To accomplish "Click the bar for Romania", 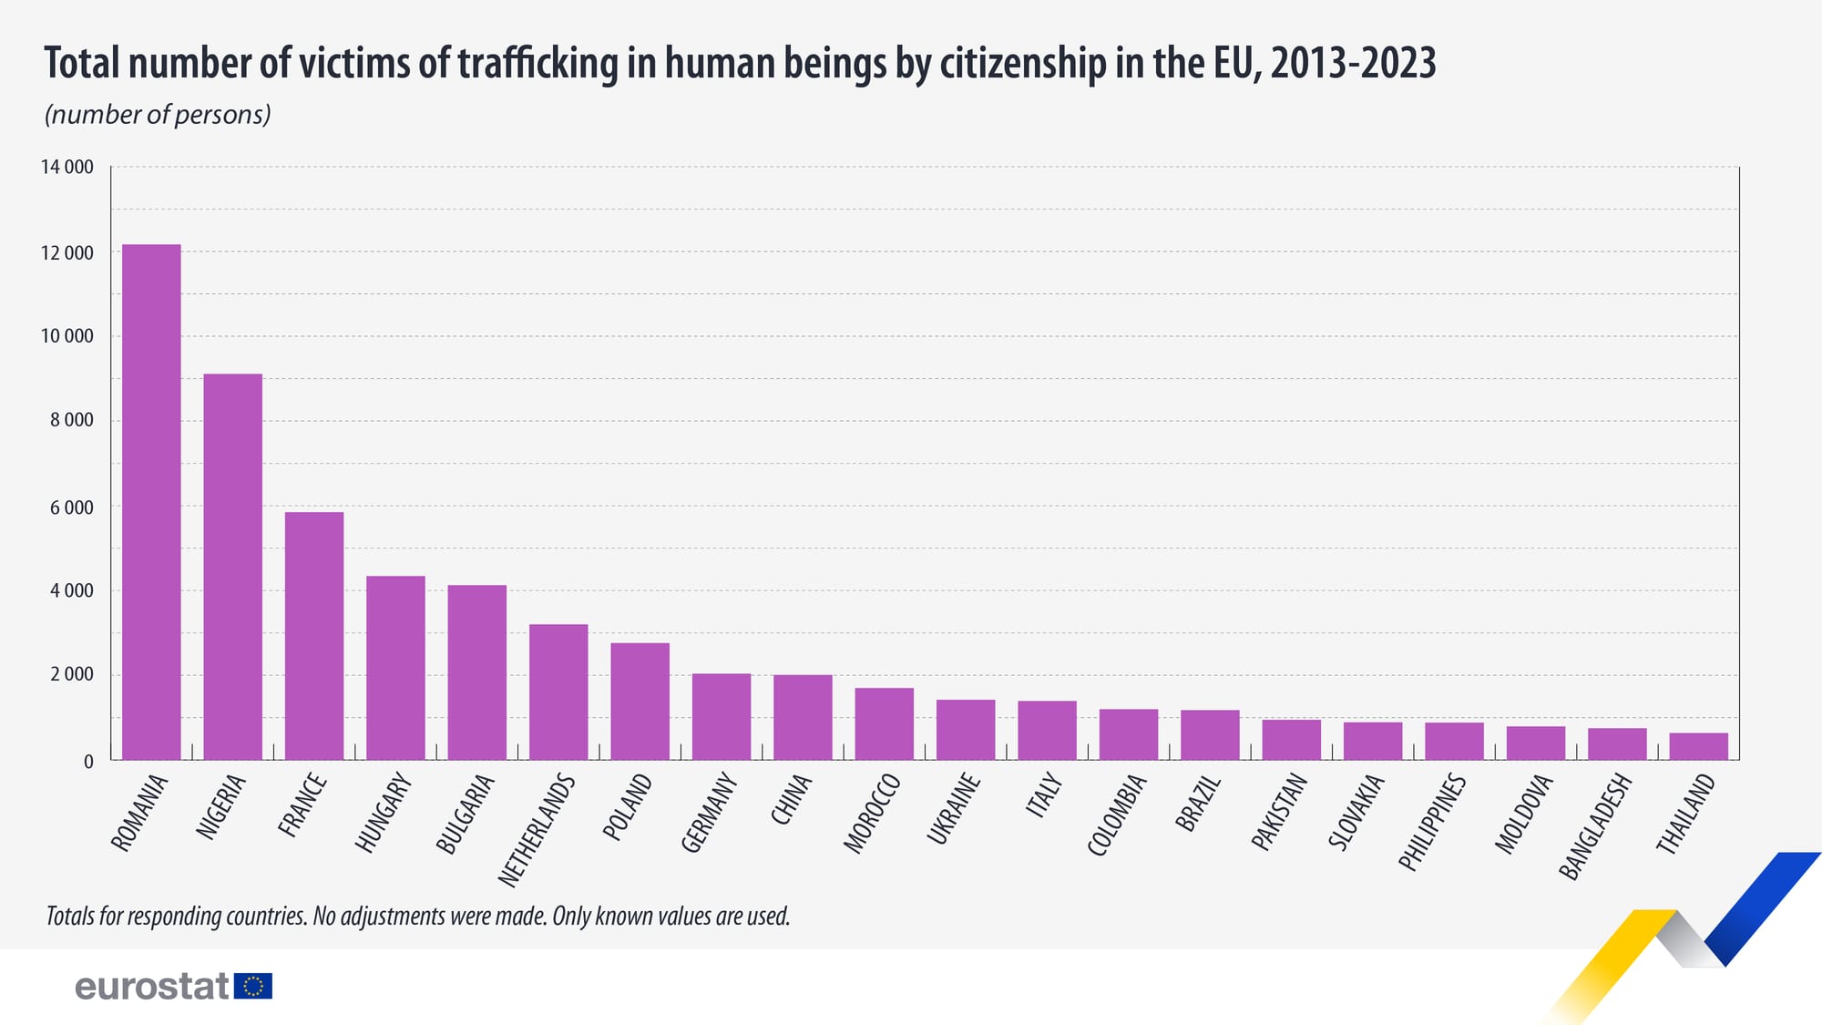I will click(151, 502).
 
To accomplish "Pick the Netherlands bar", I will click(558, 692).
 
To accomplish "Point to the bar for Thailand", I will click(1698, 746).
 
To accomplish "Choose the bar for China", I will click(803, 717).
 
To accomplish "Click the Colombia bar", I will click(1129, 734).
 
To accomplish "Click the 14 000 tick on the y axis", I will click(67, 167).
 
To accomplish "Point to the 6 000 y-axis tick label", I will click(71, 507).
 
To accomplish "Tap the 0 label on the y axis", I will click(88, 761).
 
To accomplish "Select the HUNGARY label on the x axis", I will click(384, 813).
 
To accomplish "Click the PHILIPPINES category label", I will click(1432, 822).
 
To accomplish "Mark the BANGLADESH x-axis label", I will click(1595, 825).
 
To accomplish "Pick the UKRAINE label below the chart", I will click(954, 808).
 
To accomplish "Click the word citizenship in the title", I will click(1023, 64).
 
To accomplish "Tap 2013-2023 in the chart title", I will click(1353, 64).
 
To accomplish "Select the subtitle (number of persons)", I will click(158, 115).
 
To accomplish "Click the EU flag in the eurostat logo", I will click(253, 986).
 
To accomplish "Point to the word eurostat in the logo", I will click(151, 986).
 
